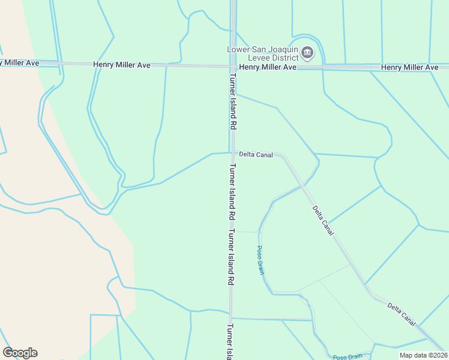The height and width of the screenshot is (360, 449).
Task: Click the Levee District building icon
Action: pyautogui.click(x=307, y=53)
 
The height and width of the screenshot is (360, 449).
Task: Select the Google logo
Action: pyautogui.click(x=20, y=353)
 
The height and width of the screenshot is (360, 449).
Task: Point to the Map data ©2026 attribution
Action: pyautogui.click(x=423, y=355)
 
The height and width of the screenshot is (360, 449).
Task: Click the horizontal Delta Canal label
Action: pyautogui.click(x=256, y=155)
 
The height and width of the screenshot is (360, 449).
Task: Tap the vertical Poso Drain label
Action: pyautogui.click(x=261, y=260)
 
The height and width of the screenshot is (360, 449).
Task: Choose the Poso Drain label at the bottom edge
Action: pyautogui.click(x=348, y=357)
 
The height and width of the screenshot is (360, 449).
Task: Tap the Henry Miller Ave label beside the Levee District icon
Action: pyautogui.click(x=268, y=68)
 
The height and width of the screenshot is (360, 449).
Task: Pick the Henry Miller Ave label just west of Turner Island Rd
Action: pyautogui.click(x=122, y=64)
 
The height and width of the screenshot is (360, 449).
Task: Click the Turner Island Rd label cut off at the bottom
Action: pyautogui.click(x=230, y=342)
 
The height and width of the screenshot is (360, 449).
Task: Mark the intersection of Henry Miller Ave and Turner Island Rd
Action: pyautogui.click(x=231, y=66)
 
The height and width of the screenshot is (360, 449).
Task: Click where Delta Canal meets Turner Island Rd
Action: pyautogui.click(x=231, y=152)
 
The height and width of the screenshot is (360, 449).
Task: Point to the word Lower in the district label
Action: pyautogui.click(x=238, y=49)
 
